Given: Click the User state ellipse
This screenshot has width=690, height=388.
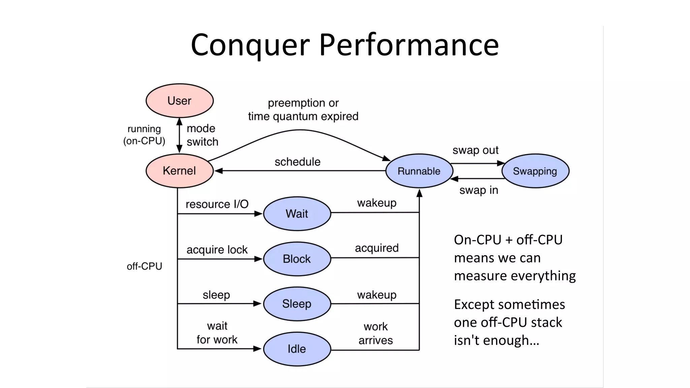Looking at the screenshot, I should (x=179, y=101).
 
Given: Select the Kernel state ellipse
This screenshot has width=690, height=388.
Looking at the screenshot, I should (x=179, y=171).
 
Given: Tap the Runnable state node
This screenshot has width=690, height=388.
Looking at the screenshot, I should (x=419, y=171).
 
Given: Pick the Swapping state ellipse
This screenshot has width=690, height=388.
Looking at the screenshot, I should (x=535, y=171).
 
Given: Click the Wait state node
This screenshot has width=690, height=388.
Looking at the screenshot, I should (x=297, y=214).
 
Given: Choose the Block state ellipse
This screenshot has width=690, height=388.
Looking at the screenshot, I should (x=297, y=259).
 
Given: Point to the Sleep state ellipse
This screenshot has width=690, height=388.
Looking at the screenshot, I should (x=297, y=304).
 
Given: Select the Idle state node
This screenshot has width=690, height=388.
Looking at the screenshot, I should (x=297, y=349).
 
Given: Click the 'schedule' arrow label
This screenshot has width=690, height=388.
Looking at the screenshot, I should (x=297, y=162).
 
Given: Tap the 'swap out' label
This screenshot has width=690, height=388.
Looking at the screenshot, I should (x=475, y=150).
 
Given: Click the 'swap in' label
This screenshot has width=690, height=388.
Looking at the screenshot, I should (x=478, y=190).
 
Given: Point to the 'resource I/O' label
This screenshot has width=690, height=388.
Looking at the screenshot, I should (x=217, y=204).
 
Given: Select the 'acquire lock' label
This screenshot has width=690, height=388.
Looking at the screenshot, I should (x=217, y=250).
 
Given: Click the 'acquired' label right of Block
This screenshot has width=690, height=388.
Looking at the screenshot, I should (x=377, y=248).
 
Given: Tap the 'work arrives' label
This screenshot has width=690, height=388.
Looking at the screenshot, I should (x=376, y=333).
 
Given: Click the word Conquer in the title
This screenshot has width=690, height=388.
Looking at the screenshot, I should (x=250, y=45).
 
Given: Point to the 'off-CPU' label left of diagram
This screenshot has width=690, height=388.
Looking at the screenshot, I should (x=144, y=266).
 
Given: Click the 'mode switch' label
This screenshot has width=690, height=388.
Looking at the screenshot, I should (x=202, y=135).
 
